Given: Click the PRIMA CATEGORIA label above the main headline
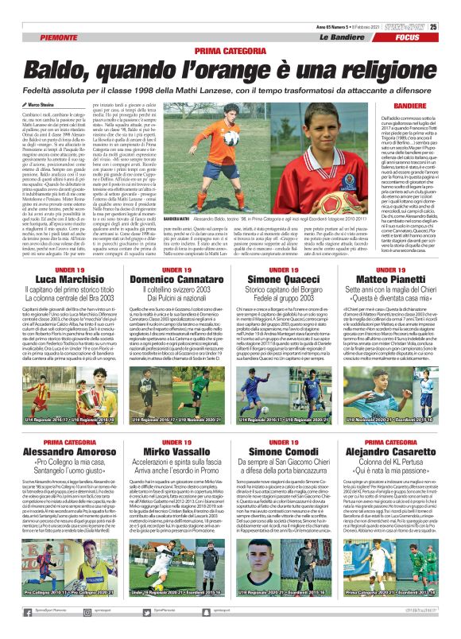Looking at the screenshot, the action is [230, 50].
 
